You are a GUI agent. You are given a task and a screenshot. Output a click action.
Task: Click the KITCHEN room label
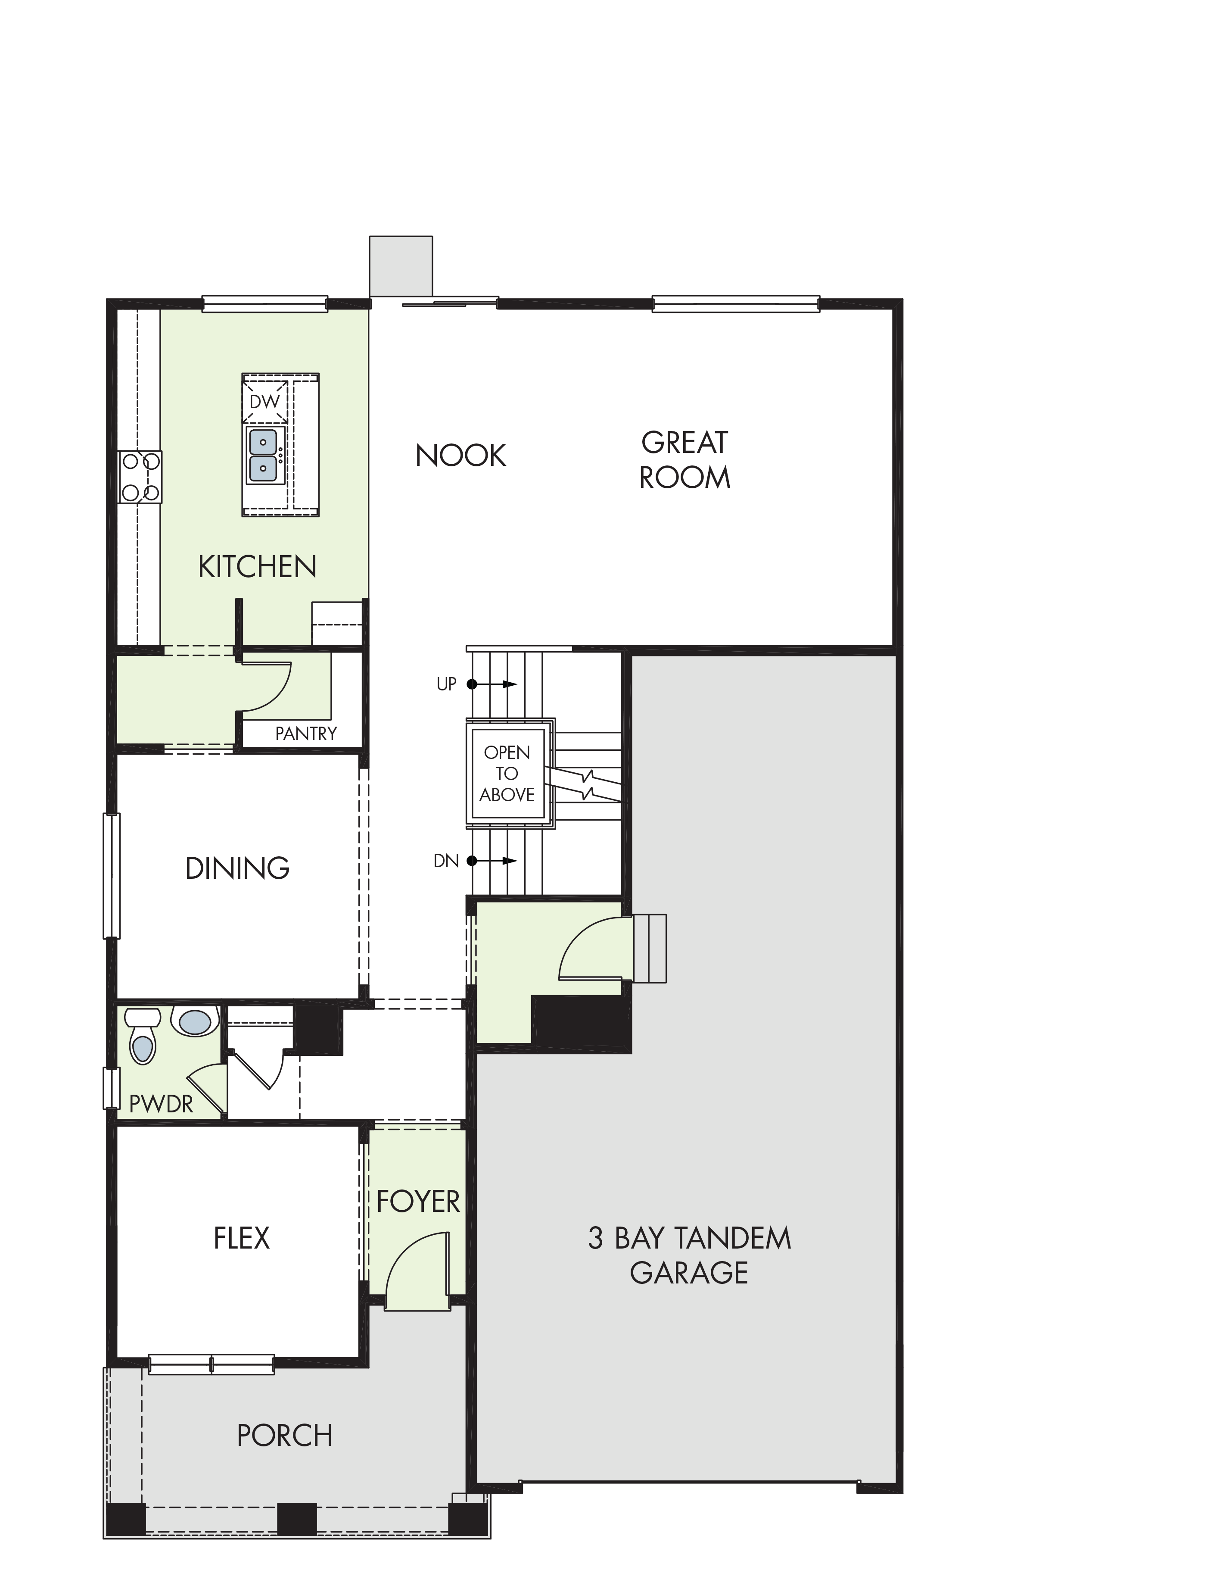(x=257, y=567)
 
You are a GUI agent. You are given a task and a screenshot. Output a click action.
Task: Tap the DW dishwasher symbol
(x=264, y=401)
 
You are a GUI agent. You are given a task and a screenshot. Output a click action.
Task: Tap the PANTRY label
(x=306, y=734)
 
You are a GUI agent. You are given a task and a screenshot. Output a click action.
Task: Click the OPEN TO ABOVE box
(x=507, y=773)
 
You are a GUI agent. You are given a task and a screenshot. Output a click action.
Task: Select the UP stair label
(x=446, y=684)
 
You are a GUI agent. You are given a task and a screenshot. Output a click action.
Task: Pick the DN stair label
(x=446, y=860)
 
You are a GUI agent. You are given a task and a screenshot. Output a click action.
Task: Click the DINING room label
(x=238, y=868)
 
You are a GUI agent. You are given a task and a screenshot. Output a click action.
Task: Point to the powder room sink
(x=195, y=1022)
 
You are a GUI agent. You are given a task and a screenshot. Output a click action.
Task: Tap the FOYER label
(x=418, y=1202)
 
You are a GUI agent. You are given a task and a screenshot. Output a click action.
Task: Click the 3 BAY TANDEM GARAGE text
(x=689, y=1255)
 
